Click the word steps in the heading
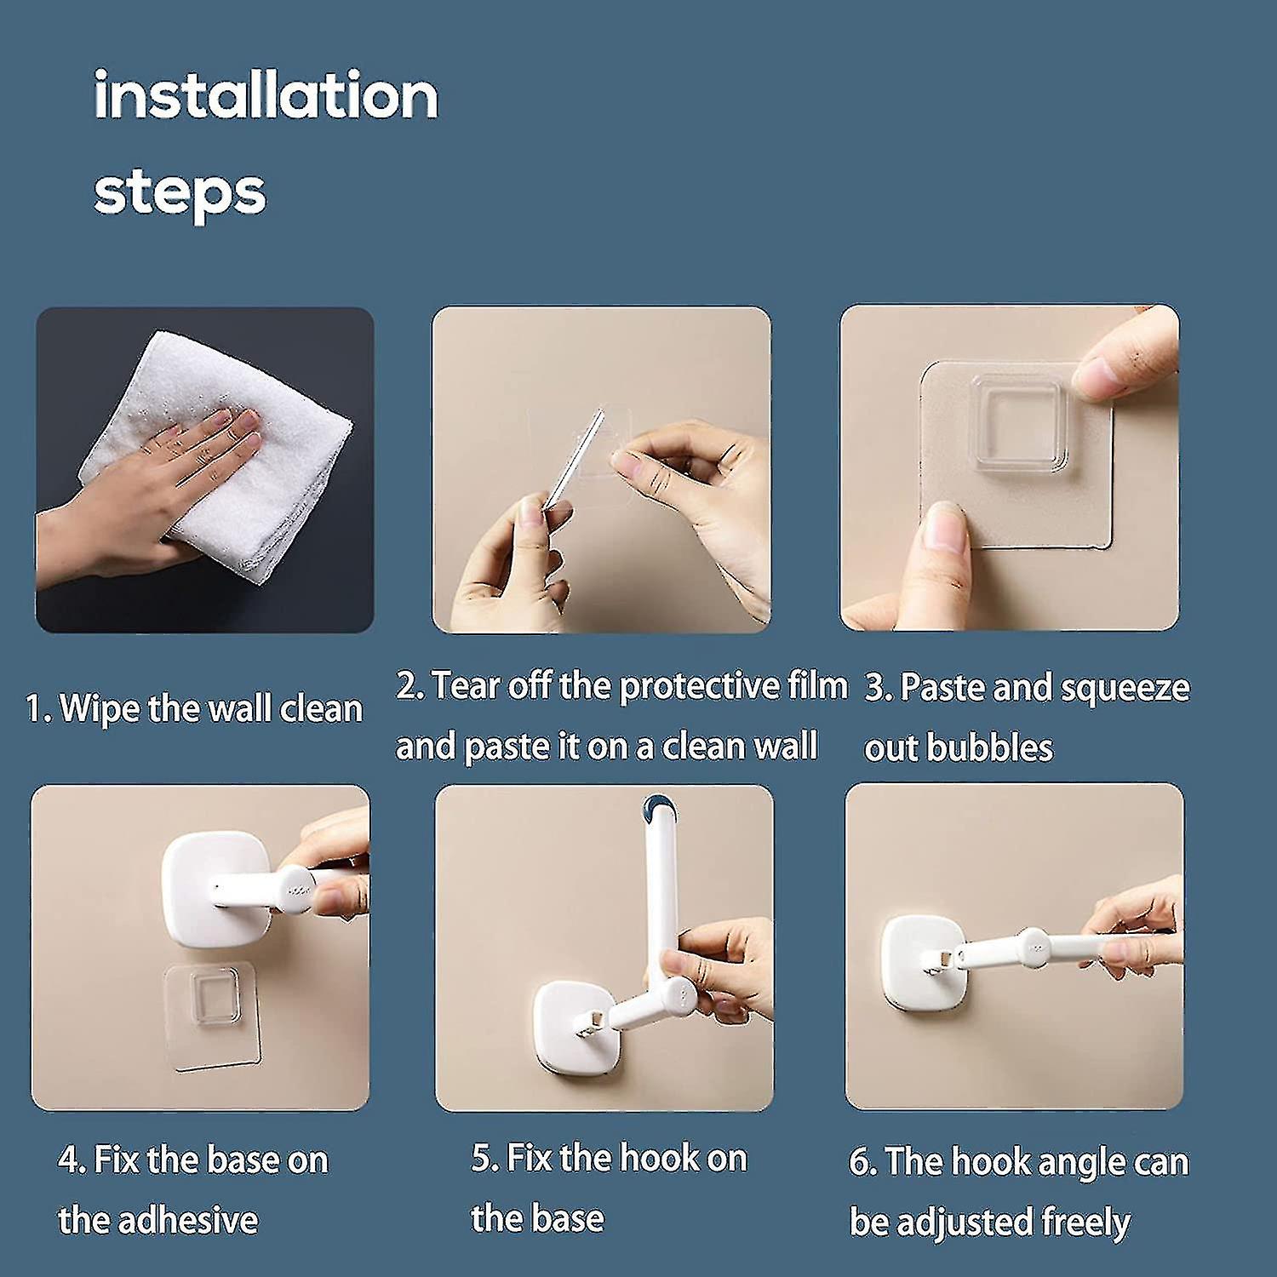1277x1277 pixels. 180,192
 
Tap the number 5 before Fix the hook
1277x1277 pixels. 483,1159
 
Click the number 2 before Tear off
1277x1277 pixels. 408,686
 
